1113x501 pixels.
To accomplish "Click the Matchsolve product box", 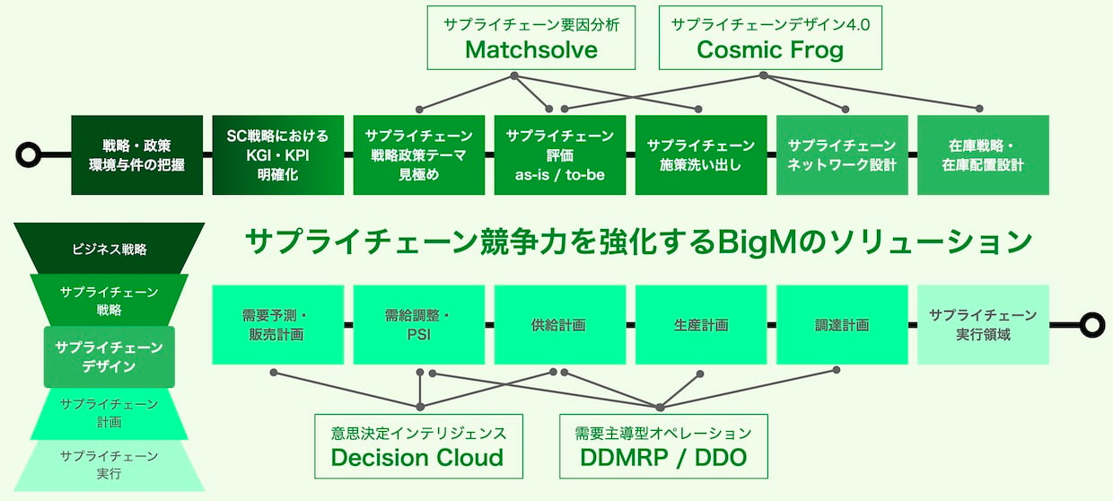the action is coord(531,38).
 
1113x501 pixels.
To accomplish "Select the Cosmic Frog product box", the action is coord(770,38).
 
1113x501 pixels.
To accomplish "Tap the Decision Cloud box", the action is coord(418,446).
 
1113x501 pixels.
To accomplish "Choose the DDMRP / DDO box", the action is coord(663,446).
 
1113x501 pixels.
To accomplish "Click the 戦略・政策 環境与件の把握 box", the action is coord(136,155).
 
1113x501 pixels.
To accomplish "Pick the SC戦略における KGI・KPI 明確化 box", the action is coord(277,155).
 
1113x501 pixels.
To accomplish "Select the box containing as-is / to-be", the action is coord(560,155).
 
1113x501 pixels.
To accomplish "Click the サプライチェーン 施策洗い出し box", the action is coord(701,155).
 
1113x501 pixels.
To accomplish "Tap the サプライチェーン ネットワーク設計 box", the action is coord(842,155).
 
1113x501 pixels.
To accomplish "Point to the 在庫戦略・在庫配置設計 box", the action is coord(984,155).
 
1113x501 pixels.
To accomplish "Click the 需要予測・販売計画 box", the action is coord(277,325).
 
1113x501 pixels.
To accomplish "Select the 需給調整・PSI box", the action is coord(419,325).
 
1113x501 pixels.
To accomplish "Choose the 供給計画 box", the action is coord(560,325).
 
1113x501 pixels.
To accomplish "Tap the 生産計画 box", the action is coord(701,325).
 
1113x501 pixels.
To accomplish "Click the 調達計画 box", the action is coord(842,325).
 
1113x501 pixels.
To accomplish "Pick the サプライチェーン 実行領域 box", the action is coord(984,325).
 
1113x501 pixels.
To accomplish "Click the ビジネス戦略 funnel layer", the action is coord(110,249).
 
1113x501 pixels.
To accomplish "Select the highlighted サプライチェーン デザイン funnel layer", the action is coord(110,356).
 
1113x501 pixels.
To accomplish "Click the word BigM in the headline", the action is coord(757,242).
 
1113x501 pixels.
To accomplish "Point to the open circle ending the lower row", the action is coord(1083,325).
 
